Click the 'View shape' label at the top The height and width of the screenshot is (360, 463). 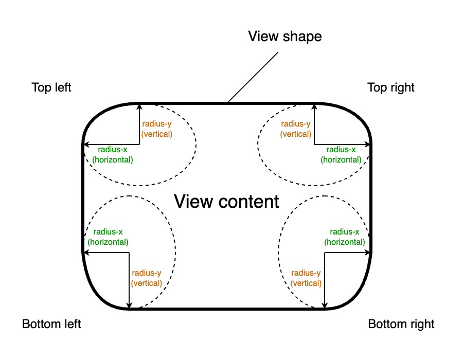(284, 37)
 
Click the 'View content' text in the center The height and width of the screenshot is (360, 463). (226, 201)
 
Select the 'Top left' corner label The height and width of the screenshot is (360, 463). (51, 87)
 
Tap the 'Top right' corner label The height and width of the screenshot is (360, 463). (391, 87)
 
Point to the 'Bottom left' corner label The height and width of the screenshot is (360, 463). (51, 324)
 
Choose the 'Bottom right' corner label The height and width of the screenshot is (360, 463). (401, 324)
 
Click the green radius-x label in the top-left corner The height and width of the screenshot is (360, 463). (112, 154)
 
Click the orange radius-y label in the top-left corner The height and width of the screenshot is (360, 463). (157, 129)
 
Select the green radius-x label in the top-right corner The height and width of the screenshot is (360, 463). (341, 154)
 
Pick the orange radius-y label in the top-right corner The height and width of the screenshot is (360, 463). (296, 129)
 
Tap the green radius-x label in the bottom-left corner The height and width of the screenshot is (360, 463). (108, 237)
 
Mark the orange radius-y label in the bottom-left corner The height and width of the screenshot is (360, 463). (147, 278)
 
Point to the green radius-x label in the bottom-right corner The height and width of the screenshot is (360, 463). (345, 237)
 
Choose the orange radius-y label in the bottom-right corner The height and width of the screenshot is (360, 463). (306, 278)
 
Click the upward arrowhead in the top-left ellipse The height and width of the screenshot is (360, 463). (139, 107)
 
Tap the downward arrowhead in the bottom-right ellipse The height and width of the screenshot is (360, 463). (324, 305)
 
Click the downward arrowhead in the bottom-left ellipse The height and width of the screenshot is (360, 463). (129, 305)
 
